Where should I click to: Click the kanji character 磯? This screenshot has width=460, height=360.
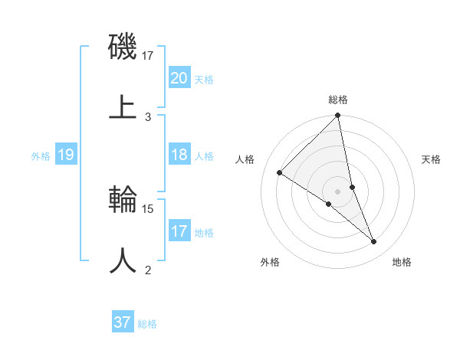123,47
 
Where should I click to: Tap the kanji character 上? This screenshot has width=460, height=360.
123,106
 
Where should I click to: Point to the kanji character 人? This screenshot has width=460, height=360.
123,260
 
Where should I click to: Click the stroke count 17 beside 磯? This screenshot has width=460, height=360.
148,56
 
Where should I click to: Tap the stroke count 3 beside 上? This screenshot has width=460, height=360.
148,116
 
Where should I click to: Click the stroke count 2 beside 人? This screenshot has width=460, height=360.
148,270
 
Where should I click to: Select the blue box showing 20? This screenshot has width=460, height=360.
179,77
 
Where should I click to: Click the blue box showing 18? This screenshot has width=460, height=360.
179,155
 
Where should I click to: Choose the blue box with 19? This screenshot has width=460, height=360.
65,155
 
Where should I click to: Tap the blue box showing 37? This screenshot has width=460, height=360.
122,322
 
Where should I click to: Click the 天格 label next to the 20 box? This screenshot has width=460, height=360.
204,79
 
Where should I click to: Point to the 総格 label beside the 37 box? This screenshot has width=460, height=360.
147,324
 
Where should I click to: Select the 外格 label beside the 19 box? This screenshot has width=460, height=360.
41,156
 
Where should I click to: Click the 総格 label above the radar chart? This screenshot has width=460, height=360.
338,100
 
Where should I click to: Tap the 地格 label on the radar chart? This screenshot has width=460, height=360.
402,263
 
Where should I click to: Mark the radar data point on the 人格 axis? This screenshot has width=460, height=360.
280,173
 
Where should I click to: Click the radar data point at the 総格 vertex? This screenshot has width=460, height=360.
338,116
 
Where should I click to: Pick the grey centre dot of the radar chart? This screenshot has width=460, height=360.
338,191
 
